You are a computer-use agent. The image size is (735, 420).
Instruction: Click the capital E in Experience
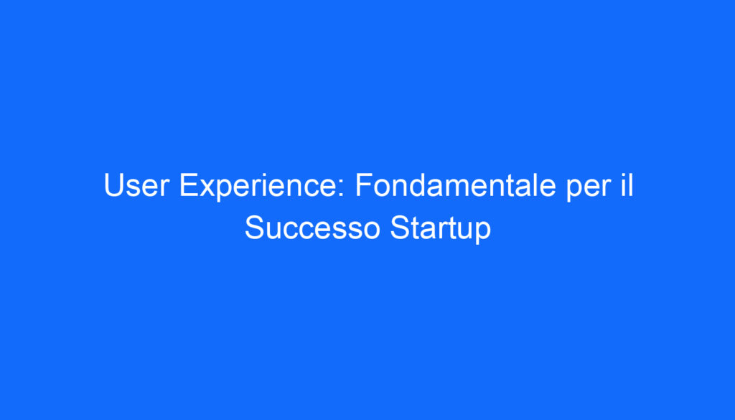click(188, 187)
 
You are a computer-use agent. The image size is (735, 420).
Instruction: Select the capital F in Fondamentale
click(362, 187)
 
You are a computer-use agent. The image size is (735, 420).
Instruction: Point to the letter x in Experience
click(206, 190)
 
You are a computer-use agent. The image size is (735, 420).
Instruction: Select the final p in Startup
click(483, 231)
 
